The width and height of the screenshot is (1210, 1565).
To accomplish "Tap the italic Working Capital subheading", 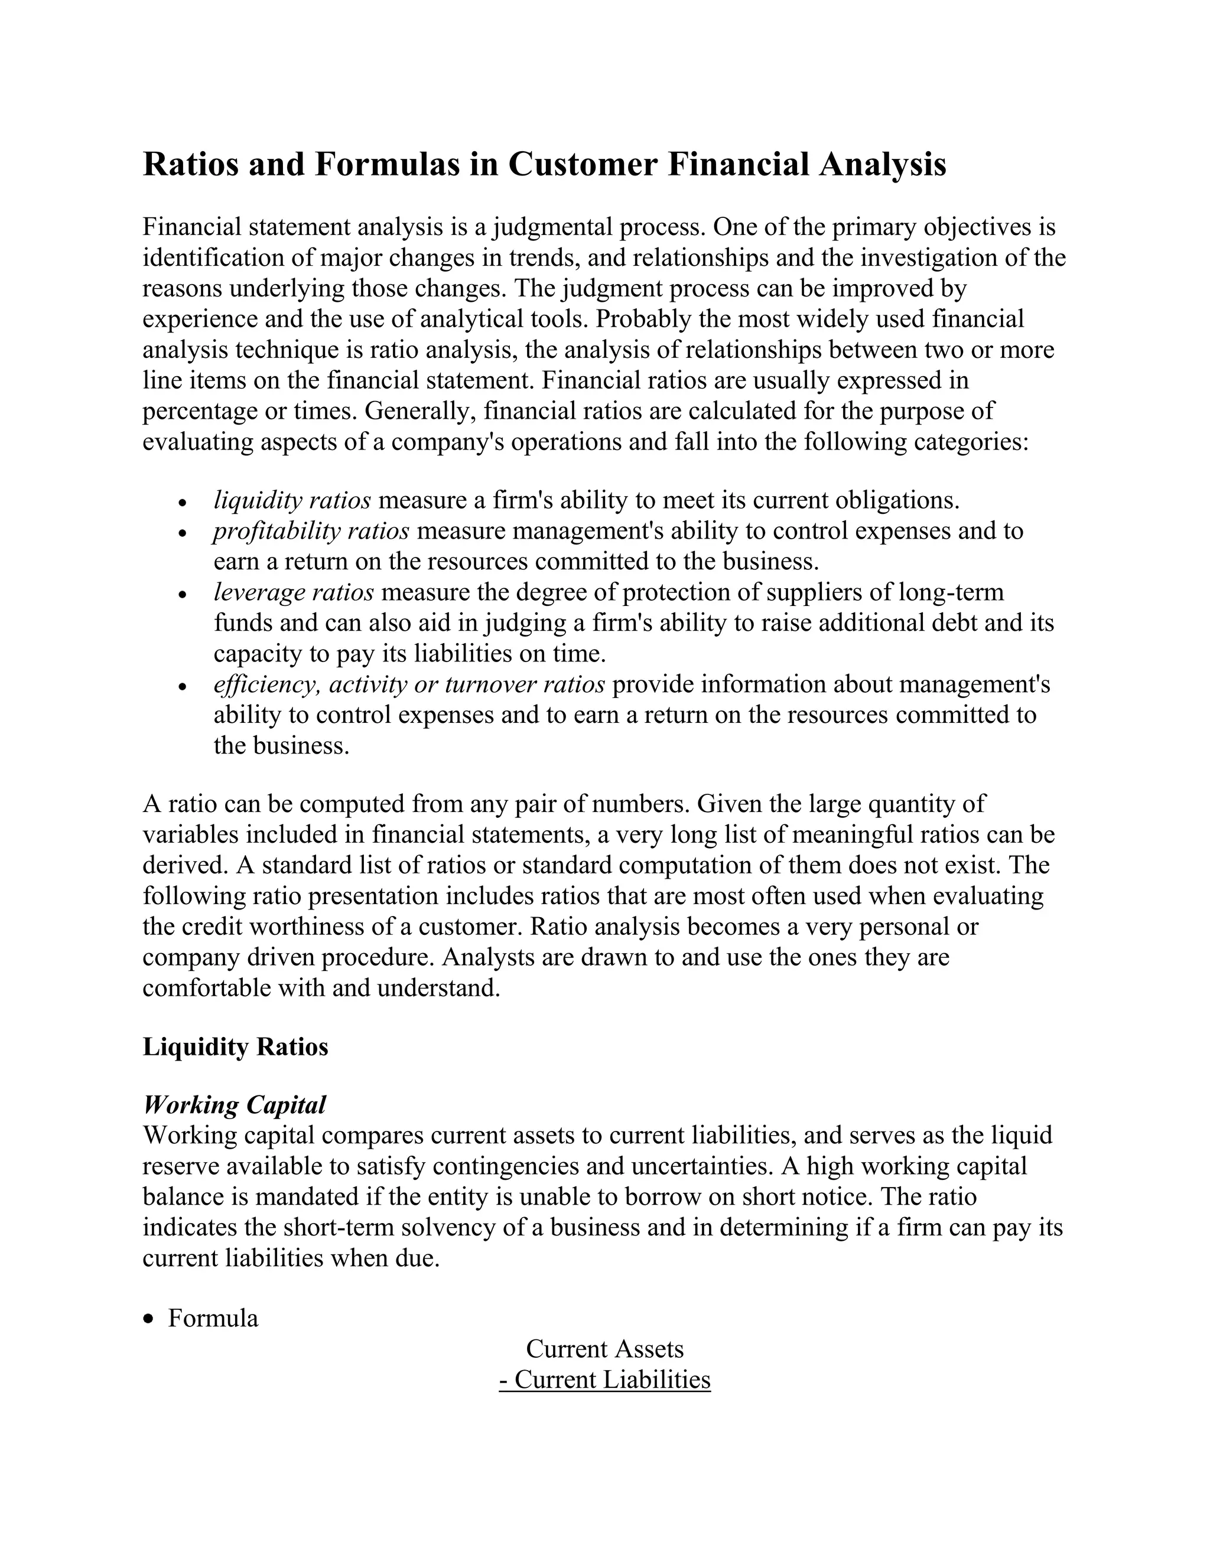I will (x=235, y=1105).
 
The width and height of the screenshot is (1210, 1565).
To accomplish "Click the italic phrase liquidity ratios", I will (x=292, y=500).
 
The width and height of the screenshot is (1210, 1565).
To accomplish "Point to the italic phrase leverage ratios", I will (x=294, y=592).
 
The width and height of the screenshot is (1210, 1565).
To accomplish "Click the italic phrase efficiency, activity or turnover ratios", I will (x=409, y=684).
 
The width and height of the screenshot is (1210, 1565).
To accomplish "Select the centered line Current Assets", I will (x=605, y=1349).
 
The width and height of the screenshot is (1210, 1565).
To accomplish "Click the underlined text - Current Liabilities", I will (x=605, y=1380).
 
